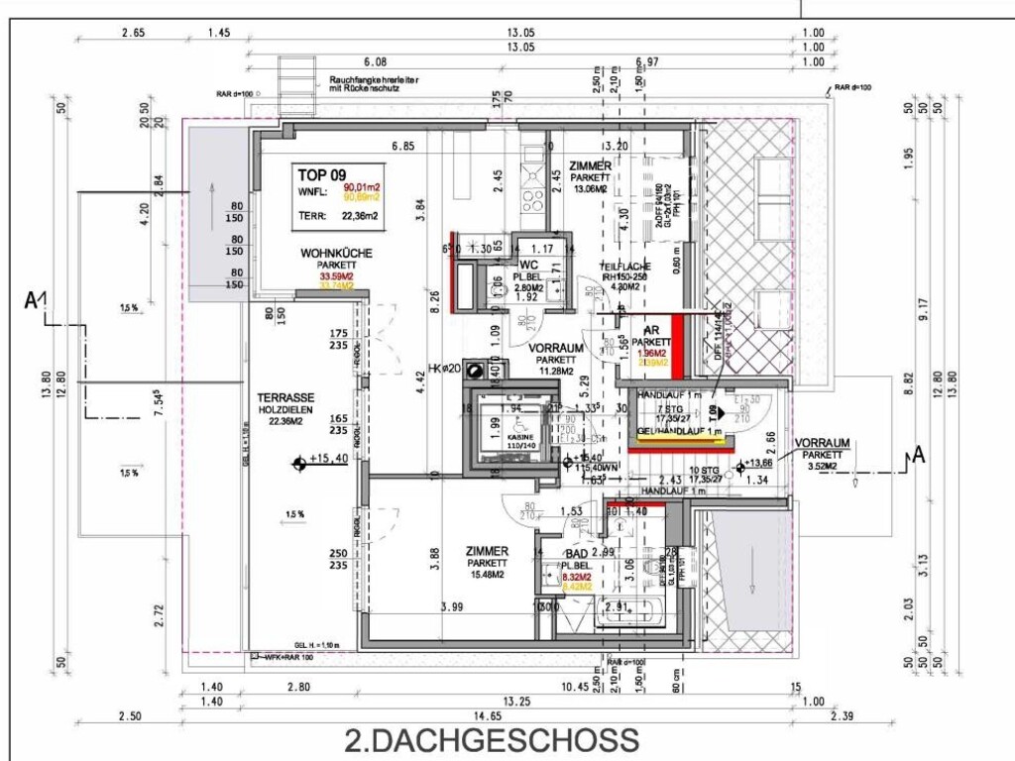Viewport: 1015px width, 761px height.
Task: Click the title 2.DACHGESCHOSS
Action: (491, 739)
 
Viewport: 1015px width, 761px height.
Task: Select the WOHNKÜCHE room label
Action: (337, 254)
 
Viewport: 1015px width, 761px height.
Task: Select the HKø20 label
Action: (445, 369)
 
